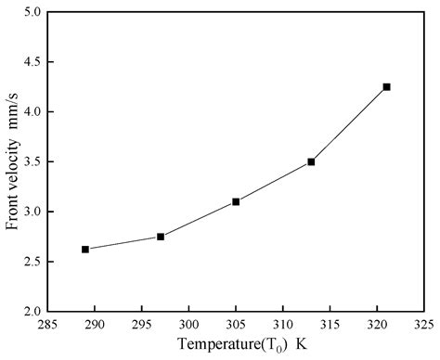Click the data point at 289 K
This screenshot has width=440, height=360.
tap(85, 249)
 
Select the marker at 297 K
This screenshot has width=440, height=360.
tap(161, 237)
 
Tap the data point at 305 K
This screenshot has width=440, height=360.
tap(236, 201)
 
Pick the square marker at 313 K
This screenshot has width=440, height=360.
tap(311, 161)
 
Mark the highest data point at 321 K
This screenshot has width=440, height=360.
tap(386, 86)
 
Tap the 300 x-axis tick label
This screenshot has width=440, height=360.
tap(189, 325)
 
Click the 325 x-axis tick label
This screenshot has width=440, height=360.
tap(424, 325)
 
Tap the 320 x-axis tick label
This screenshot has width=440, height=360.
tap(377, 325)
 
